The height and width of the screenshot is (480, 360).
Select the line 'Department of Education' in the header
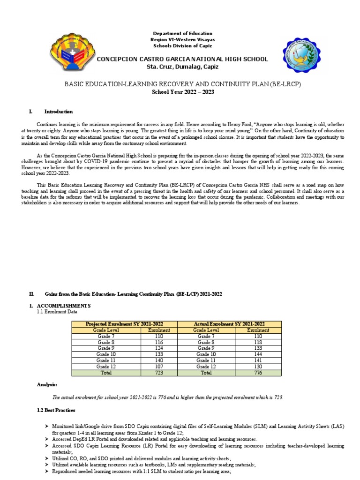click(x=183, y=33)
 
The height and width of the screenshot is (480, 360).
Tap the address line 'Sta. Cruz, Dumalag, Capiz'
click(x=182, y=67)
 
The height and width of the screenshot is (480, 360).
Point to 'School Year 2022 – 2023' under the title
click(x=182, y=91)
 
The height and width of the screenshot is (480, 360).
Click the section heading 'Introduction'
click(x=59, y=112)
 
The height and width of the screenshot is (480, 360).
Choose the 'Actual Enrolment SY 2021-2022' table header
click(x=229, y=324)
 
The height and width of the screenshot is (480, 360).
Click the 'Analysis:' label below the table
click(x=47, y=384)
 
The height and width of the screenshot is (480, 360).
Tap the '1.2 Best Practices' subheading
click(x=56, y=410)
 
